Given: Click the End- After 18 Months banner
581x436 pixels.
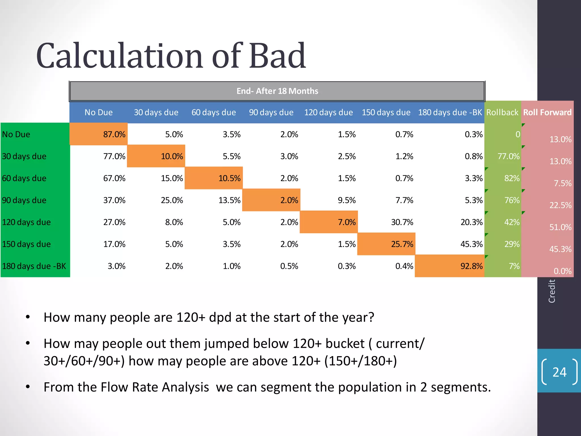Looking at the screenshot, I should (277, 91).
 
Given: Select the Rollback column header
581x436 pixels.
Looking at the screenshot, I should (502, 112).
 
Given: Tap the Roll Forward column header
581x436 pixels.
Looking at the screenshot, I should (547, 112).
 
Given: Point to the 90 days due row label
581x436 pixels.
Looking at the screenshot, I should (24, 200).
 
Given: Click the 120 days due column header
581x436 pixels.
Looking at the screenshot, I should (329, 112).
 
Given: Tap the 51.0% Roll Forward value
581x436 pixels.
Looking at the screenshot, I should (560, 227).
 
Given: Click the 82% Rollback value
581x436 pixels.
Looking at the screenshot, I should (511, 178).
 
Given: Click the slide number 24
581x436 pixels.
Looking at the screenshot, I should (559, 372).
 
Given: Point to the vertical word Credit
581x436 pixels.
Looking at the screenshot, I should (552, 291).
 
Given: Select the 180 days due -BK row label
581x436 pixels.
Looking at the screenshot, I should (34, 266).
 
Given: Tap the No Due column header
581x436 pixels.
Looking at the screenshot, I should (98, 112).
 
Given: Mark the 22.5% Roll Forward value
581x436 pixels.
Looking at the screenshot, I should (560, 205).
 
